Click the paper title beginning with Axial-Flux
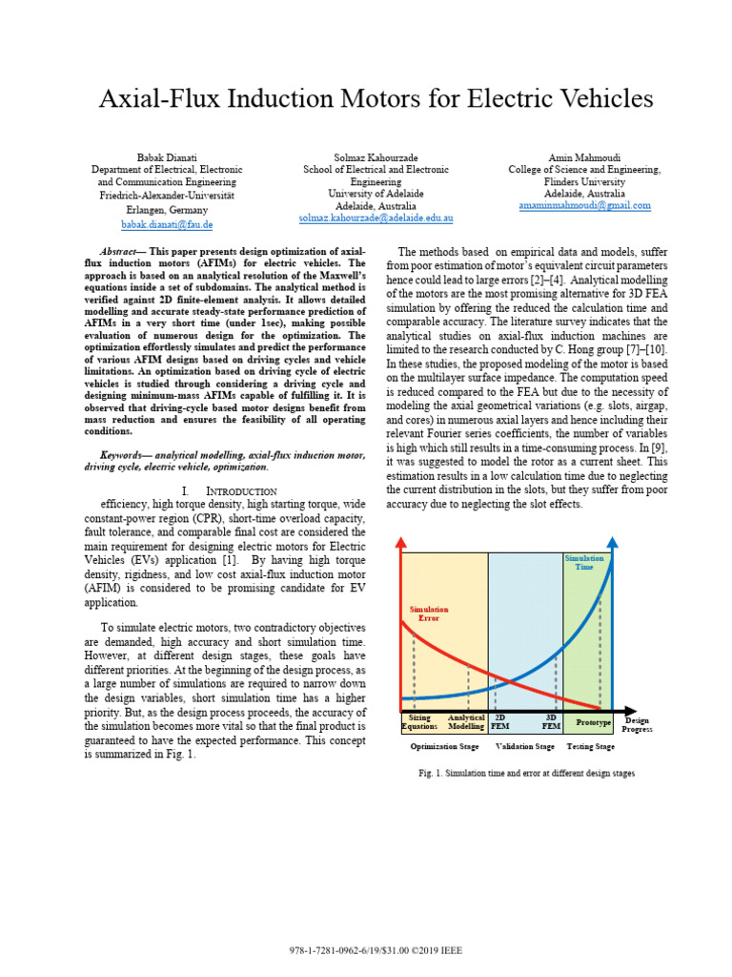coord(376,99)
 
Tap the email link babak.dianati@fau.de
coord(167,224)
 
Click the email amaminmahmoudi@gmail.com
coord(584,205)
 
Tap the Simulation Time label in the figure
coord(583,563)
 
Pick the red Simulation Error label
coord(428,613)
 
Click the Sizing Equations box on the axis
coord(419,722)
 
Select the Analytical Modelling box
coord(466,722)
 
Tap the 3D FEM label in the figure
coord(551,722)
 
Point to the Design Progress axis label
coord(637,726)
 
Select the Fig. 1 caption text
coord(526,773)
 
